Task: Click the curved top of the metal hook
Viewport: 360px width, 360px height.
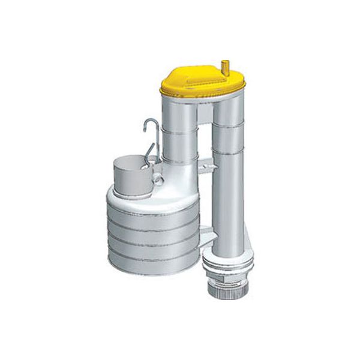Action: click(x=148, y=122)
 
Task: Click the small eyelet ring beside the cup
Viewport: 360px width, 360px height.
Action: click(x=158, y=179)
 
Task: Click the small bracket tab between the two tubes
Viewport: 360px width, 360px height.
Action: click(x=206, y=163)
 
